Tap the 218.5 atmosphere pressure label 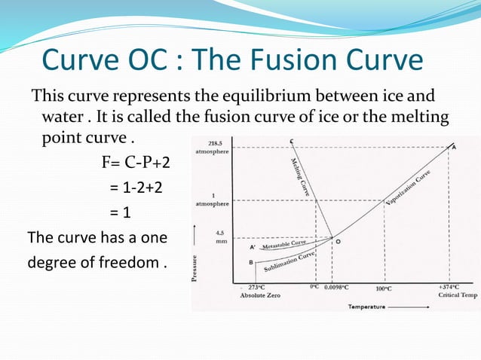[215, 147]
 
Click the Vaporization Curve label [409, 188]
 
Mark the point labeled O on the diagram [337, 242]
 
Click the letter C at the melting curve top [290, 142]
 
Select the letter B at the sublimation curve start [250, 262]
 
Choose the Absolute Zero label [259, 296]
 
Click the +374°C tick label [451, 288]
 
